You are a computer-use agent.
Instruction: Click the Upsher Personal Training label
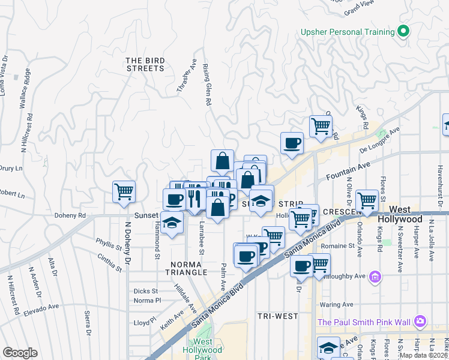tap(347, 31)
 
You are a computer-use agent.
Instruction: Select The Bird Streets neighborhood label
tap(145, 65)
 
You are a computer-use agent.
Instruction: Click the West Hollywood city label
tap(409, 215)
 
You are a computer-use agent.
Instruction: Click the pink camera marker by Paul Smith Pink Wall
tap(420, 322)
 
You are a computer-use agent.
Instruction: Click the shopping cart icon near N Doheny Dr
tap(124, 192)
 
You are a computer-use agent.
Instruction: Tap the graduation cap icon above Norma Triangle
tap(172, 224)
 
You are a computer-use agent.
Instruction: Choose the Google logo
tap(20, 352)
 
